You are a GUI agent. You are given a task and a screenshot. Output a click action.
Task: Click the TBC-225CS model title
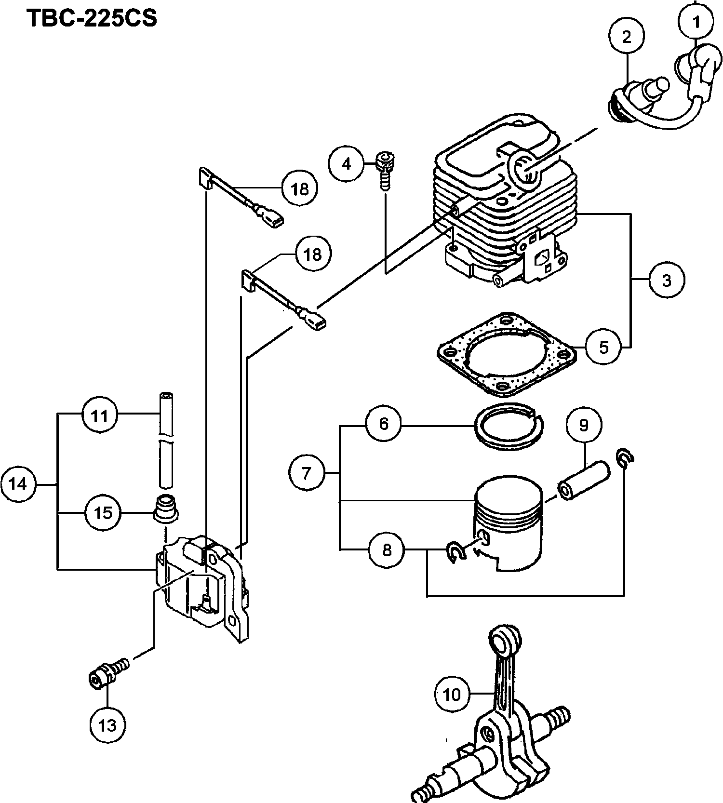point(92,18)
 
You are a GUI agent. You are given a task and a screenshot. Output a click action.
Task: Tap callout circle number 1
point(696,22)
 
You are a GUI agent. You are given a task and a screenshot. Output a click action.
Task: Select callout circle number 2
point(626,37)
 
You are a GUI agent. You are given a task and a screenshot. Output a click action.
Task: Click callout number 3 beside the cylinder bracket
point(667,280)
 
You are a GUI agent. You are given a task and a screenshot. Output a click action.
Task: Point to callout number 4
point(347,164)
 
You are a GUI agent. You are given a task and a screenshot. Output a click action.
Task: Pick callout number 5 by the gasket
point(604,347)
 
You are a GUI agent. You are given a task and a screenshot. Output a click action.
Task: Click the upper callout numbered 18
point(300,188)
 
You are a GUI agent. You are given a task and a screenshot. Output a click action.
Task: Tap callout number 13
point(107,724)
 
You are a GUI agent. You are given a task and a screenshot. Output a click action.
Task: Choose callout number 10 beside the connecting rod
point(452,694)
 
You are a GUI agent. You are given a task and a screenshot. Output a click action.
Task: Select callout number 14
point(18,483)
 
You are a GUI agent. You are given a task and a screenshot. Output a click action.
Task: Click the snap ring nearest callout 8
point(455,550)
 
